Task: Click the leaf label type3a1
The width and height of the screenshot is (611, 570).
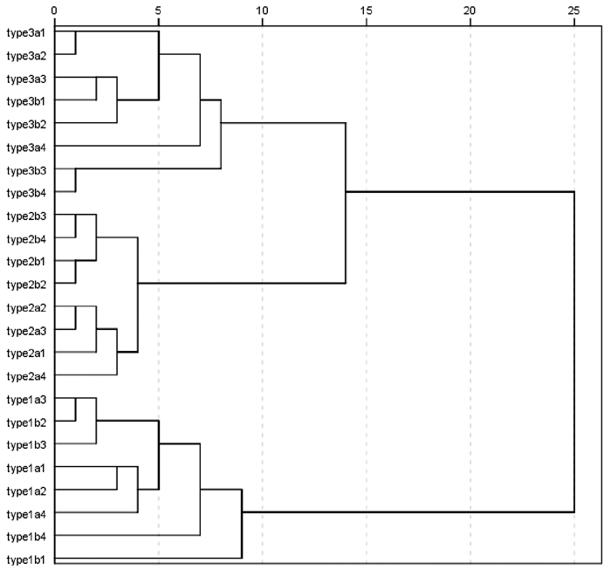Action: pyautogui.click(x=26, y=33)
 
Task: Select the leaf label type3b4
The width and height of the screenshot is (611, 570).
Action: pyautogui.click(x=26, y=193)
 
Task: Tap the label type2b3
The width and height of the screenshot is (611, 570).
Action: pyautogui.click(x=26, y=216)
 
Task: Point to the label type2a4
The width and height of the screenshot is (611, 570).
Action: pyautogui.click(x=26, y=377)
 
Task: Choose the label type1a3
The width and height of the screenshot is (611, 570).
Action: pyautogui.click(x=26, y=400)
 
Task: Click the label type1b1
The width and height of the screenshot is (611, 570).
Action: pyautogui.click(x=26, y=560)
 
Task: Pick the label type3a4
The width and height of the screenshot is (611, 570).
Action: pyautogui.click(x=26, y=148)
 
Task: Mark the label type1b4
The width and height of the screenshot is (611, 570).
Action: pyautogui.click(x=26, y=537)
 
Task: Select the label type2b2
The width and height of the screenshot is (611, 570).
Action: pyautogui.click(x=26, y=285)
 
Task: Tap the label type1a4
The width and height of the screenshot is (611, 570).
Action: pyautogui.click(x=26, y=514)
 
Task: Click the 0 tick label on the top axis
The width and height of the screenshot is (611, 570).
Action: pyautogui.click(x=54, y=10)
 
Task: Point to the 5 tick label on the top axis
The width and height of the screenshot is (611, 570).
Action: pyautogui.click(x=158, y=10)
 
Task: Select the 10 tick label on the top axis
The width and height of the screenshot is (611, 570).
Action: pyautogui.click(x=262, y=10)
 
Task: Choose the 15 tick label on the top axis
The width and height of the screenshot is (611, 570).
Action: pyautogui.click(x=367, y=10)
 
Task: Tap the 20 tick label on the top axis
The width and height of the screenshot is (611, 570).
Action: pyautogui.click(x=470, y=10)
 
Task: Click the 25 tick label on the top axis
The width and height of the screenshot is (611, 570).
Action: pyautogui.click(x=574, y=10)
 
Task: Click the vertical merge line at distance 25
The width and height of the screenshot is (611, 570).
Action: pyautogui.click(x=574, y=352)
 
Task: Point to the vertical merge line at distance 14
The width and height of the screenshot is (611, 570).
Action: pyautogui.click(x=346, y=203)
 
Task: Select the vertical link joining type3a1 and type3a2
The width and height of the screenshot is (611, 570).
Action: pyautogui.click(x=75, y=43)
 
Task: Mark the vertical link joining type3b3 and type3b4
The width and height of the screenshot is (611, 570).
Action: pyautogui.click(x=75, y=181)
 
